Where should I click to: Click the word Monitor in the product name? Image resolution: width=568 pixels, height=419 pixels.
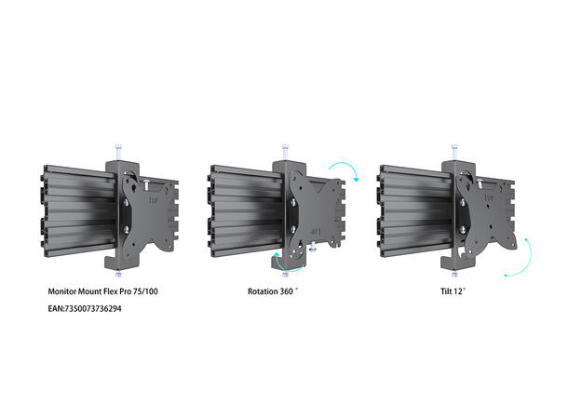63,291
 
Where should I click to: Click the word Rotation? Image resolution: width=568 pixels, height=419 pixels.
264,291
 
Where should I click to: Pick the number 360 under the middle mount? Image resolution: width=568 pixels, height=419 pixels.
289,291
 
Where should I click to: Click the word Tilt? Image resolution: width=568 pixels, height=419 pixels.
447,291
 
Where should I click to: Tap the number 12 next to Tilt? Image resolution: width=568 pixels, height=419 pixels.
462,291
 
